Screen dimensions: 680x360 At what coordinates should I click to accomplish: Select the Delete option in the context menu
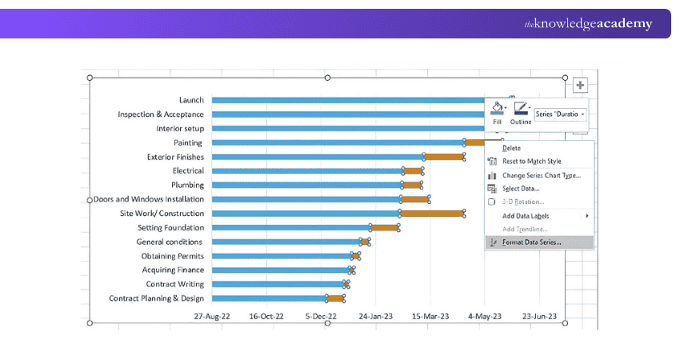pyautogui.click(x=511, y=148)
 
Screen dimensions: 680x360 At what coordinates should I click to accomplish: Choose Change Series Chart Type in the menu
pyautogui.click(x=542, y=175)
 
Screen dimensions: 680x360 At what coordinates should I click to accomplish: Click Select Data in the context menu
pyautogui.click(x=521, y=189)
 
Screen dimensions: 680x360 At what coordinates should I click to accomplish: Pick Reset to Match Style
pyautogui.click(x=532, y=162)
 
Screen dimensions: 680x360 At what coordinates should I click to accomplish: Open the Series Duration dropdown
pyautogui.click(x=560, y=114)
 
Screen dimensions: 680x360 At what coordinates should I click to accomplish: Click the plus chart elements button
pyautogui.click(x=580, y=85)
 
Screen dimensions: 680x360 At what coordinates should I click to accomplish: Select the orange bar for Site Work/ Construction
pyautogui.click(x=432, y=214)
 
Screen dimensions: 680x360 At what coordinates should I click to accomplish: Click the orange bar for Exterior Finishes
pyautogui.click(x=444, y=157)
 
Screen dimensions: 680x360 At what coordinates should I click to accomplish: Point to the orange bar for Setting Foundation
pyautogui.click(x=384, y=228)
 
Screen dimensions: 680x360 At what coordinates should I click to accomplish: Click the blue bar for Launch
pyautogui.click(x=348, y=100)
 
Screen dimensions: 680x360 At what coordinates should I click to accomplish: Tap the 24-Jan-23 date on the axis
pyautogui.click(x=375, y=316)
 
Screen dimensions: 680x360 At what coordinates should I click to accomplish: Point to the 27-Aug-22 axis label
pyautogui.click(x=212, y=316)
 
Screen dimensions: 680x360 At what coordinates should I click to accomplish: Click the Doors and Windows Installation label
pyautogui.click(x=149, y=199)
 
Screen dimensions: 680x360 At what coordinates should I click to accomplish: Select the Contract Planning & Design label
pyautogui.click(x=156, y=298)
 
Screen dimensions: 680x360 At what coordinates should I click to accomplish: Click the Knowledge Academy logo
pyautogui.click(x=588, y=23)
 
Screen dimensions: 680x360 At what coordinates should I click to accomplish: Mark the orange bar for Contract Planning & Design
pyautogui.click(x=335, y=298)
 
